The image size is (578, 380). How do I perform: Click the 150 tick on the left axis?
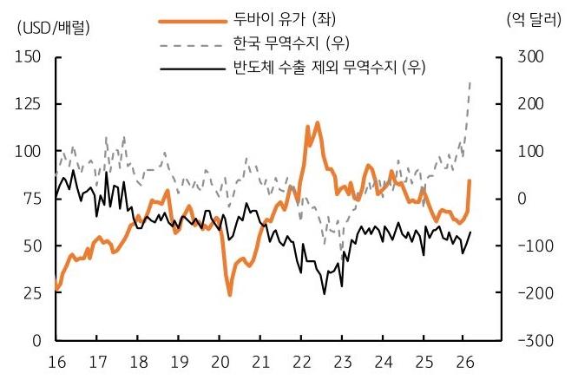(29, 56)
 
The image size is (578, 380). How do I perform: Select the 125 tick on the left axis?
(29, 104)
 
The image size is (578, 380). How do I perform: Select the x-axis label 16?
(56, 360)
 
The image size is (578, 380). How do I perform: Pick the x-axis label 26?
(465, 360)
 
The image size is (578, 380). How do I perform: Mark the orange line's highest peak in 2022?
(317, 122)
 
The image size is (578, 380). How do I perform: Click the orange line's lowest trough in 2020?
(230, 295)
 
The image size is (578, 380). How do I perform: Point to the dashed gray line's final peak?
(470, 82)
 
